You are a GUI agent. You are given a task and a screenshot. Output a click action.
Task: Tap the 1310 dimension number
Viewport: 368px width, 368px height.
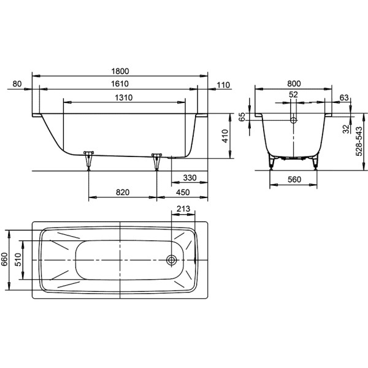tap(124, 98)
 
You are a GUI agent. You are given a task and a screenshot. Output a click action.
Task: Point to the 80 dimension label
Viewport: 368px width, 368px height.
tap(17, 84)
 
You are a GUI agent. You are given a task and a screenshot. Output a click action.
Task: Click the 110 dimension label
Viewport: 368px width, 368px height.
tap(223, 84)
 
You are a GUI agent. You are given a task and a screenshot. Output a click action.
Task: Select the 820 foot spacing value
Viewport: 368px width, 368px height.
tap(122, 193)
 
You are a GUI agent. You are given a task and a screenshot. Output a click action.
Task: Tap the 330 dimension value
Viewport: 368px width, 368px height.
tap(190, 178)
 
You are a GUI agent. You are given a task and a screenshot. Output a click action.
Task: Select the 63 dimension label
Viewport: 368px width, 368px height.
tap(343, 97)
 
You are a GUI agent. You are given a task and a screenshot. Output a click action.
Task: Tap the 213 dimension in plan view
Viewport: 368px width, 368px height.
tap(182, 209)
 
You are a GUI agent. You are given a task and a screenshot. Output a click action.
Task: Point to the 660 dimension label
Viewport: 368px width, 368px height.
tap(4, 260)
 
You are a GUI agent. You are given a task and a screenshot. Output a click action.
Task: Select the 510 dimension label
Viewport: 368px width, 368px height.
tap(20, 260)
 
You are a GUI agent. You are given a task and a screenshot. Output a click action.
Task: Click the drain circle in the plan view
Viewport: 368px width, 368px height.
tap(172, 260)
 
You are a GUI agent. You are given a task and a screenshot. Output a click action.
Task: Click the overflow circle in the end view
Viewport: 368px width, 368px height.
tap(293, 120)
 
